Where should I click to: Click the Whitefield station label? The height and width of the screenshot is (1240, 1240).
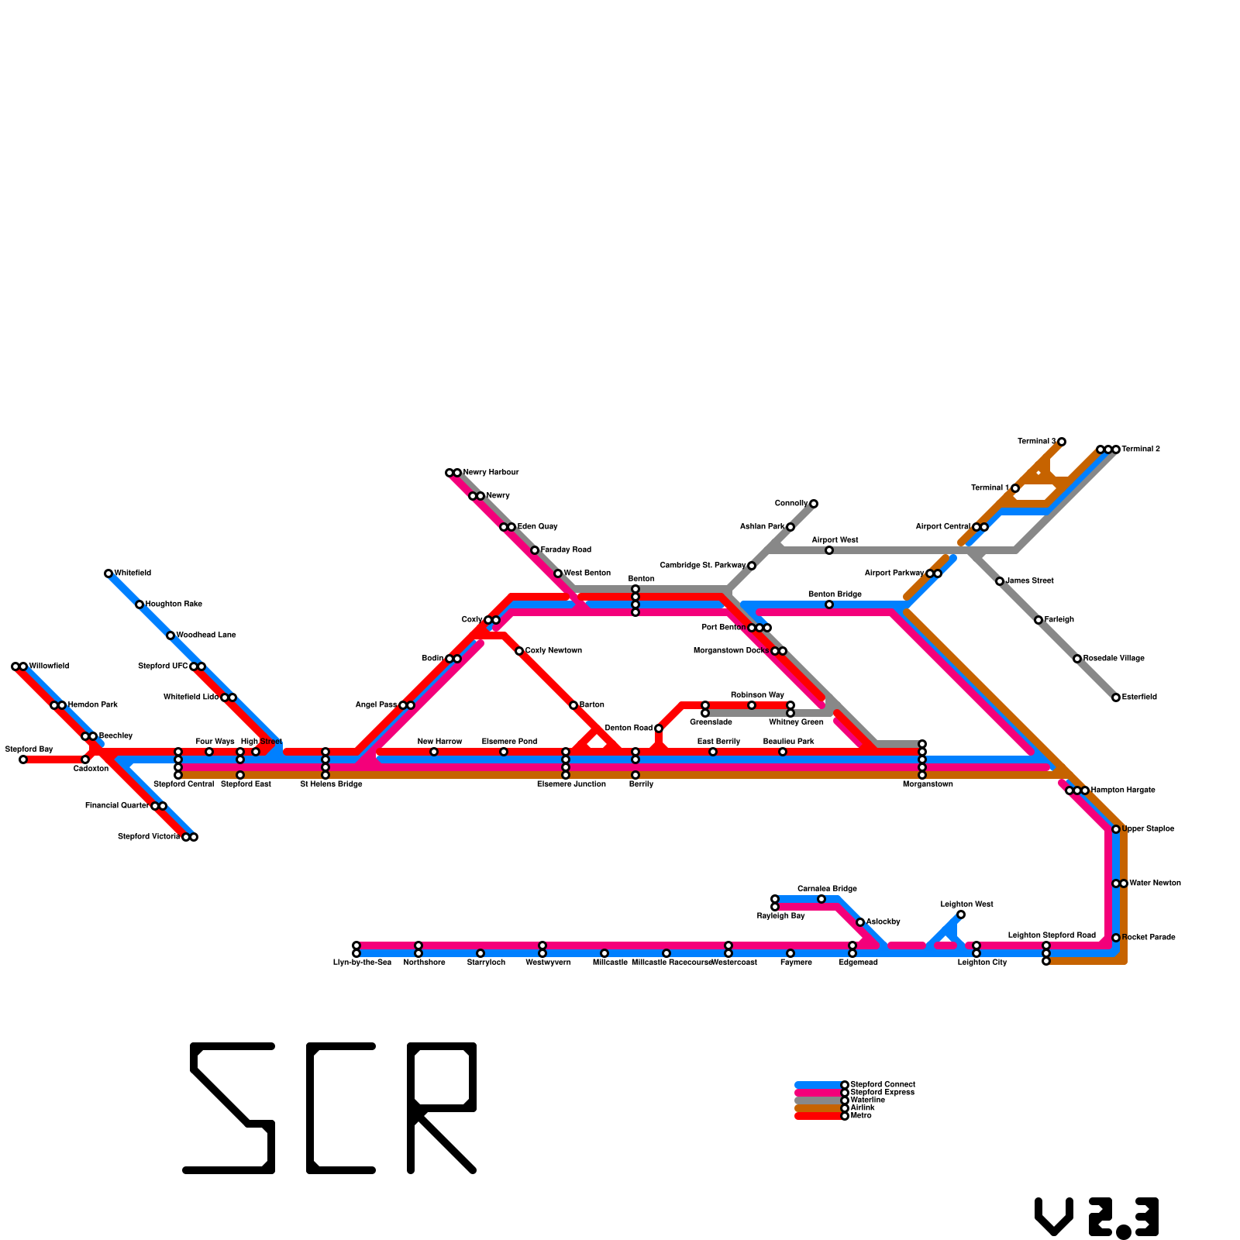pos(133,573)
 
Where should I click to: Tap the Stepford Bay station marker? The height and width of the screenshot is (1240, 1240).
pos(23,759)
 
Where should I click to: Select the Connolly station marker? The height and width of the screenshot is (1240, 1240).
pos(814,504)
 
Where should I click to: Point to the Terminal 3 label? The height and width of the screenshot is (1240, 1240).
pos(1036,442)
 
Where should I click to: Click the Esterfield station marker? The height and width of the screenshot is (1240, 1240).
pos(1116,697)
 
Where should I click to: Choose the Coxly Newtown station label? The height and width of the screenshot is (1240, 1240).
pos(553,651)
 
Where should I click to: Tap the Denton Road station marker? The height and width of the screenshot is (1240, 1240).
pos(659,728)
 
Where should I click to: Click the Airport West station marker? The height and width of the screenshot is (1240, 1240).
pos(829,550)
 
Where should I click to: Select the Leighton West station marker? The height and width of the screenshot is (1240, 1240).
pos(961,914)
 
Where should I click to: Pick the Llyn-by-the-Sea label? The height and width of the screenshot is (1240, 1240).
pos(362,963)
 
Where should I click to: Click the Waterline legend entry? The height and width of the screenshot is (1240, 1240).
pos(867,1100)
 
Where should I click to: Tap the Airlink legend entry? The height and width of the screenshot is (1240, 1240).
pos(863,1108)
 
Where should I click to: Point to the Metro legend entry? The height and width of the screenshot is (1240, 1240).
pos(861,1116)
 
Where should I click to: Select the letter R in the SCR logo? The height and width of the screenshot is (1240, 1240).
pos(442,1108)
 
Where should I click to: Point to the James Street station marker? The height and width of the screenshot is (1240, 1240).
pos(1000,581)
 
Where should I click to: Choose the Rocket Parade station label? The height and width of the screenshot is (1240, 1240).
pos(1149,938)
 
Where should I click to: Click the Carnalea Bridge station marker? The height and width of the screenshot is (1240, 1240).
pos(821,899)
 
